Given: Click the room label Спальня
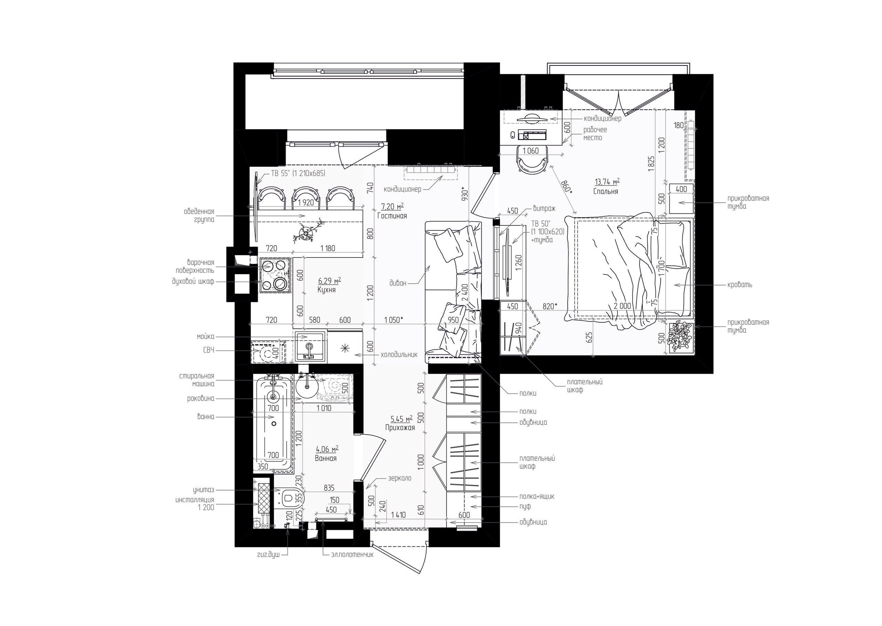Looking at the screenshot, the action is pos(605,192).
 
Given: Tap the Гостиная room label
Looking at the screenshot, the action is pos(392,216).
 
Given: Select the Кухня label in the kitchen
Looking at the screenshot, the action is pos(326,290).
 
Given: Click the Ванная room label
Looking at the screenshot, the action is pos(326,458).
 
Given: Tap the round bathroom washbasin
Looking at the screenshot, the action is pos(307,388).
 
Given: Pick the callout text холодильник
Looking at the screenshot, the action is pos(399,355).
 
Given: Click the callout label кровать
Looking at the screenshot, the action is pos(739,285).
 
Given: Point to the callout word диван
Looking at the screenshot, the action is pos(398,283).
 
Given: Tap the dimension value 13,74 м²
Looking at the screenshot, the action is pos(607,182).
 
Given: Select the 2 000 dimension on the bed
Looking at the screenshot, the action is pos(623,306).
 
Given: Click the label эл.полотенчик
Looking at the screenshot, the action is pos(352,555).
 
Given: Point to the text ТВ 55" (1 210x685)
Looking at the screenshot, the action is pos(298,173).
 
